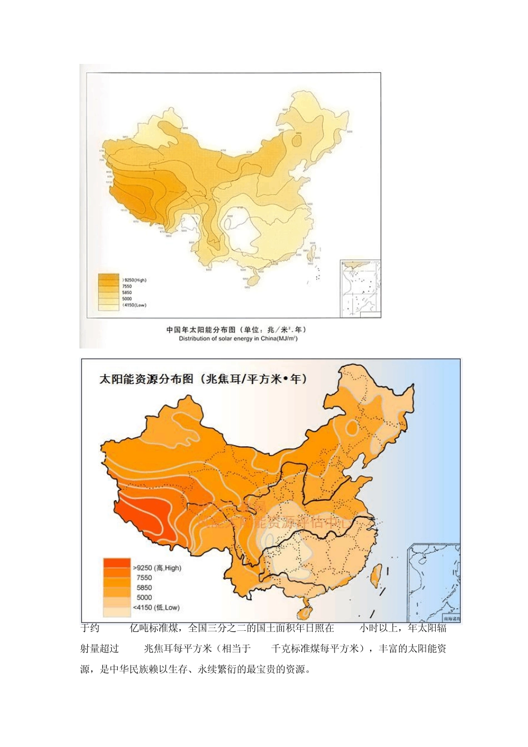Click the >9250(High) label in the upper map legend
[x=134, y=280]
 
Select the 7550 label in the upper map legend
[x=127, y=287]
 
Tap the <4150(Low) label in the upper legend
[x=134, y=305]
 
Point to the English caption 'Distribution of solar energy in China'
[x=238, y=338]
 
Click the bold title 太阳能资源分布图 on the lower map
[x=146, y=379]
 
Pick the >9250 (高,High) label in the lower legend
[x=157, y=568]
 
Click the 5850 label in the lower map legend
[x=144, y=588]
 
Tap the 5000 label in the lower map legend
[x=144, y=597]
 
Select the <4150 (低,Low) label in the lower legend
[x=156, y=607]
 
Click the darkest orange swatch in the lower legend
[x=117, y=564]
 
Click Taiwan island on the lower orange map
[x=376, y=576]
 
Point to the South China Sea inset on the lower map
[x=434, y=583]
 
